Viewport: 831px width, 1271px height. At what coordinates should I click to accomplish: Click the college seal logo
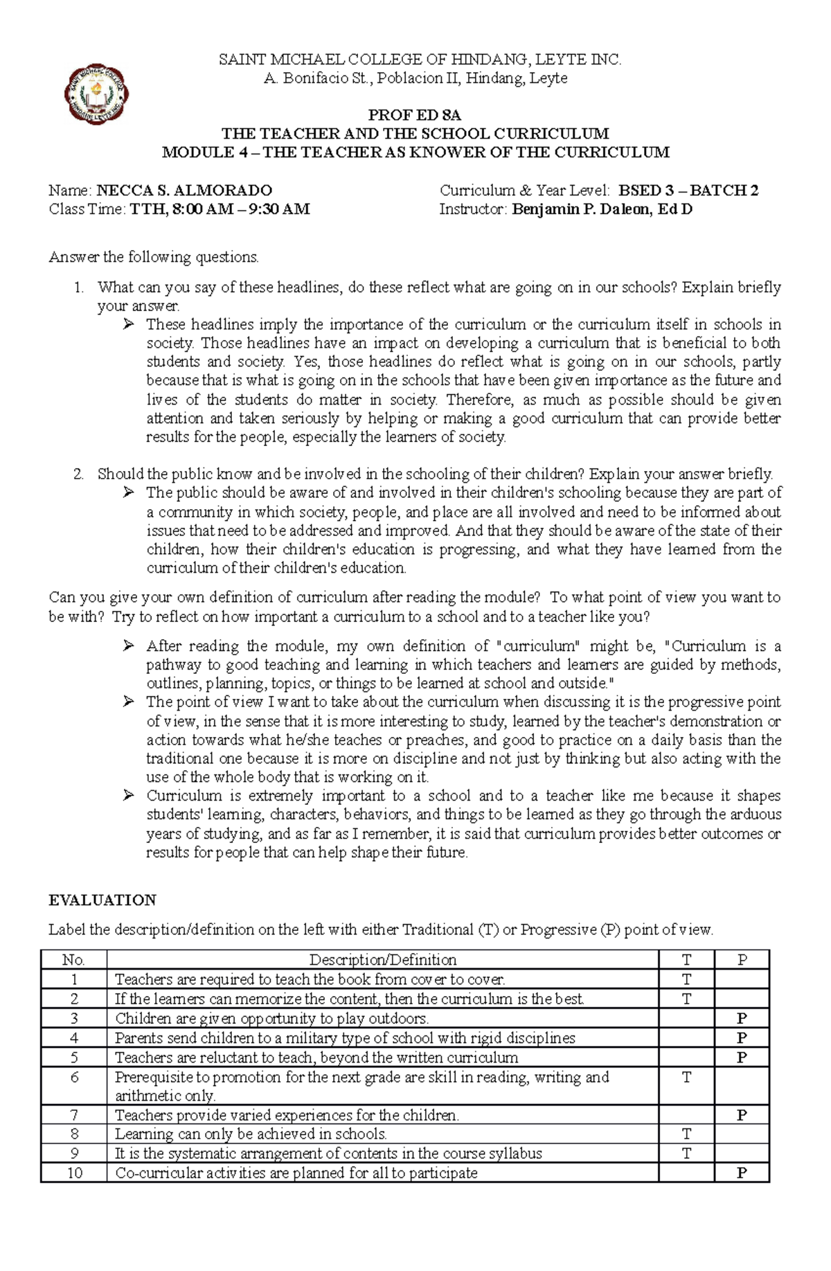[x=96, y=95]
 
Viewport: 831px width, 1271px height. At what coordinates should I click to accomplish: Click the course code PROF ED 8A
[x=414, y=115]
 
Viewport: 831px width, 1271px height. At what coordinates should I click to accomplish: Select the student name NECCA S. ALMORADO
[x=184, y=190]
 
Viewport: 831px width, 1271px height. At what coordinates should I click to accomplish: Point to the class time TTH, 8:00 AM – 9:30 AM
[x=220, y=209]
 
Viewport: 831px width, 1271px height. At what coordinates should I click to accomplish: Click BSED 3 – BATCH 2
[x=688, y=190]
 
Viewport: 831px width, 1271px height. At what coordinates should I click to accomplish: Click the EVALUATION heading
[x=102, y=900]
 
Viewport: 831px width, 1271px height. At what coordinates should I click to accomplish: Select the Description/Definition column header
[x=382, y=960]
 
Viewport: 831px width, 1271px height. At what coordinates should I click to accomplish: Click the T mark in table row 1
[x=686, y=979]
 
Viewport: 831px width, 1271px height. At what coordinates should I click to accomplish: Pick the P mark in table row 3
[x=742, y=1018]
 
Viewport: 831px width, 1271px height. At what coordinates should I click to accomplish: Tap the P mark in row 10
[x=742, y=1173]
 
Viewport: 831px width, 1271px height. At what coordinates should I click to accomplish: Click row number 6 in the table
[x=74, y=1077]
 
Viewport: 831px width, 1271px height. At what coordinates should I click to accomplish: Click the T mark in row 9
[x=686, y=1153]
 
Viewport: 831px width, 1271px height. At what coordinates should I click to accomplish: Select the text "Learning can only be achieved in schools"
[x=250, y=1134]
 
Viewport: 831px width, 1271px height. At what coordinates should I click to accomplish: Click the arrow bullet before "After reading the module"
[x=128, y=646]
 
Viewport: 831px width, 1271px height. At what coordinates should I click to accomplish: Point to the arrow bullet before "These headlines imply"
[x=128, y=324]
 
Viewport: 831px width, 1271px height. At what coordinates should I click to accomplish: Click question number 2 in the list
[x=78, y=474]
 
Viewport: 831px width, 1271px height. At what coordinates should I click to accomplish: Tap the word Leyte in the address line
[x=548, y=78]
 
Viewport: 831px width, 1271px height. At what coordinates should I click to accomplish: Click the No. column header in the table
[x=73, y=960]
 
